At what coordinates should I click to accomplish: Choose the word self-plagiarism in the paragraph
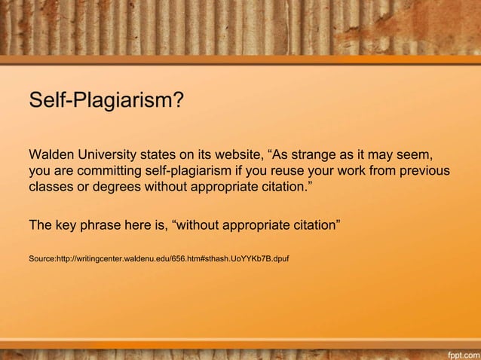[202, 172]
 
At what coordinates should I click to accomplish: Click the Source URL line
[158, 258]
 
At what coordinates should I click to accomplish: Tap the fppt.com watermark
[460, 352]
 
